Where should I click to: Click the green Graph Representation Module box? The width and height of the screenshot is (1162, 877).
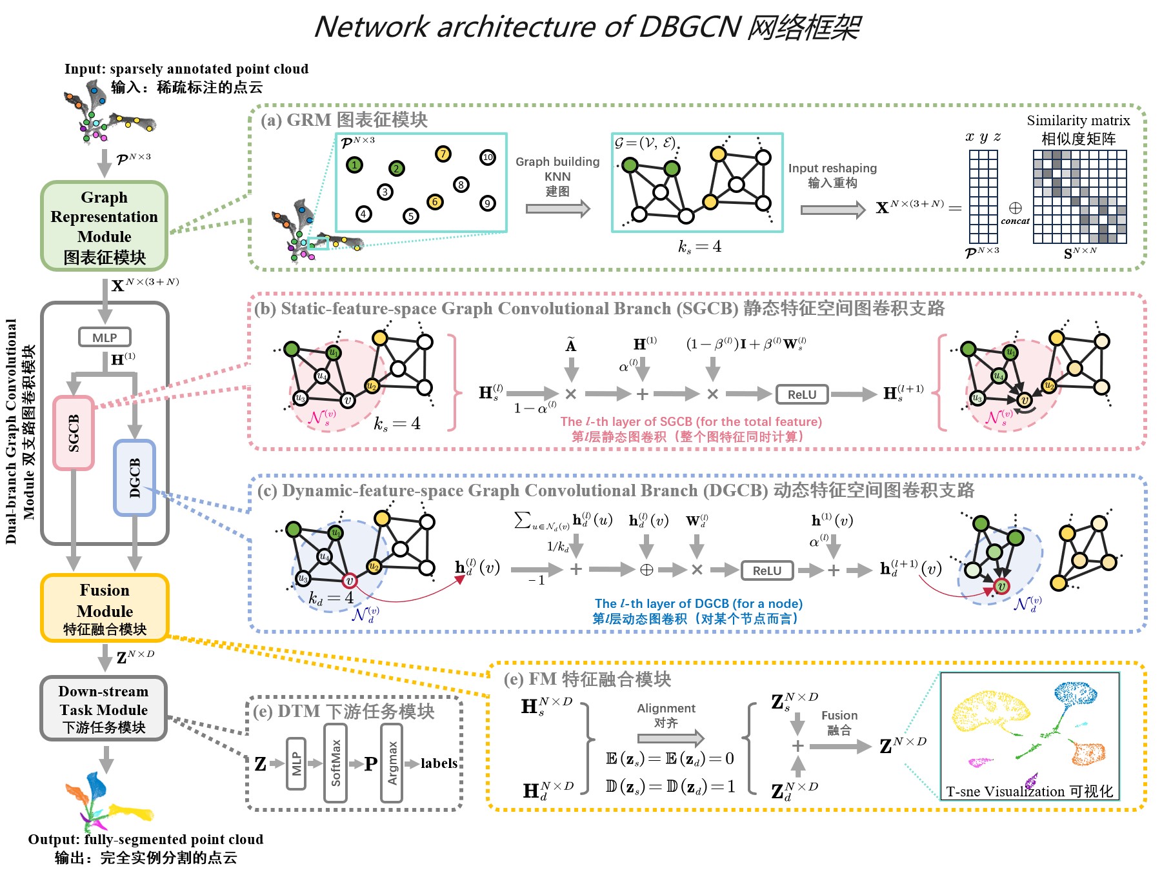[x=104, y=226]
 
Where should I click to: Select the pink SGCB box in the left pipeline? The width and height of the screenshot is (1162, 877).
[x=74, y=432]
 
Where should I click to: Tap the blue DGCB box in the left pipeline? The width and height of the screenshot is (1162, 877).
[x=134, y=478]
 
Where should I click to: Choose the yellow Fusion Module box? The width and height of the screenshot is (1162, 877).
[x=105, y=608]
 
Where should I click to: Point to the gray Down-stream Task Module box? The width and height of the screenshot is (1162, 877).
[x=103, y=709]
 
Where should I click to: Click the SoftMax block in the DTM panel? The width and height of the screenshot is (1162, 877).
[x=336, y=763]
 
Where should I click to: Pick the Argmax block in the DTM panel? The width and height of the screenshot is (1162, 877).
[x=392, y=763]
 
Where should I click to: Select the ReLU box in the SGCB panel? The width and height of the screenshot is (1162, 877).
[x=801, y=394]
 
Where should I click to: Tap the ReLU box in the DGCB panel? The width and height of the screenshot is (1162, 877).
[x=766, y=570]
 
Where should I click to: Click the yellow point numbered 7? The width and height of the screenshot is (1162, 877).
[x=443, y=154]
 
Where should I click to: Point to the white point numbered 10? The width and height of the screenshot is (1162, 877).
[x=488, y=157]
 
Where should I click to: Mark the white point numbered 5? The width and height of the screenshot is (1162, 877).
[x=411, y=216]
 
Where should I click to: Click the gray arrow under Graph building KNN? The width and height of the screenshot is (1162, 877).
[x=557, y=208]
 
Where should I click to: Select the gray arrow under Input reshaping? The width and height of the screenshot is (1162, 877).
[x=832, y=210]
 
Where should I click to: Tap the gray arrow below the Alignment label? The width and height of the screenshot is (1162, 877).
[x=670, y=738]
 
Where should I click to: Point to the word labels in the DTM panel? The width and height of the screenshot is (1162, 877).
[x=439, y=763]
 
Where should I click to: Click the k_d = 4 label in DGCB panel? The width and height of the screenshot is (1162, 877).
[x=331, y=598]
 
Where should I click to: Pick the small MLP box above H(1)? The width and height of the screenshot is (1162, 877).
[x=105, y=338]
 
